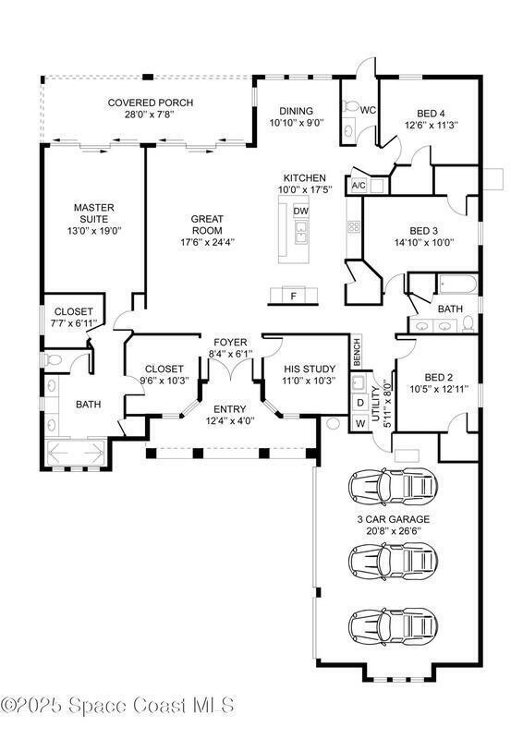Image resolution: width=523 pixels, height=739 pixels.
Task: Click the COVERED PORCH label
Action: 151,103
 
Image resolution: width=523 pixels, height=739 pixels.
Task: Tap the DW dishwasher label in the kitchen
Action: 301,212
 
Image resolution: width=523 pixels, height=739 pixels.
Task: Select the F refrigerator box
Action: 293,296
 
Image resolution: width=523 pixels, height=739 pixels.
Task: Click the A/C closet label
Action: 359,186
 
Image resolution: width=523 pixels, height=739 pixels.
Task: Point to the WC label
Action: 368,110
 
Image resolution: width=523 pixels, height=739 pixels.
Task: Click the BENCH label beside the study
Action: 357,352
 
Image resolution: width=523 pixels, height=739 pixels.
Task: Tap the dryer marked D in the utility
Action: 360,403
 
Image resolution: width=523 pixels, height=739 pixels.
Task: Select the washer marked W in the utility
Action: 360,423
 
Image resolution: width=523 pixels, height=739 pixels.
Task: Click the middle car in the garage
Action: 393,560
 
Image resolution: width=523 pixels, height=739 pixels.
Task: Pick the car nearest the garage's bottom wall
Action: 393,627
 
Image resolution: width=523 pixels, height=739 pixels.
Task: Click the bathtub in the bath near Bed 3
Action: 458,285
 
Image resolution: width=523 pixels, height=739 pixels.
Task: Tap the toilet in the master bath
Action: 53,360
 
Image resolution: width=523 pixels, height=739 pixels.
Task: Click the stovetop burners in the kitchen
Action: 354,227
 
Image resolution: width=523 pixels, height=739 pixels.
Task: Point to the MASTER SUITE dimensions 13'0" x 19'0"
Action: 94,231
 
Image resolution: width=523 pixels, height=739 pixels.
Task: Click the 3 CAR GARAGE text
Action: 393,519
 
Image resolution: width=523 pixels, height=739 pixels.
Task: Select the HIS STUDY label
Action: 310,369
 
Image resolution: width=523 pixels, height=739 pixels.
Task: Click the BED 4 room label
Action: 431,114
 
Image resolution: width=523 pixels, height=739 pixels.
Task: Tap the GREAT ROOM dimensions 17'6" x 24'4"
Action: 207,242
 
